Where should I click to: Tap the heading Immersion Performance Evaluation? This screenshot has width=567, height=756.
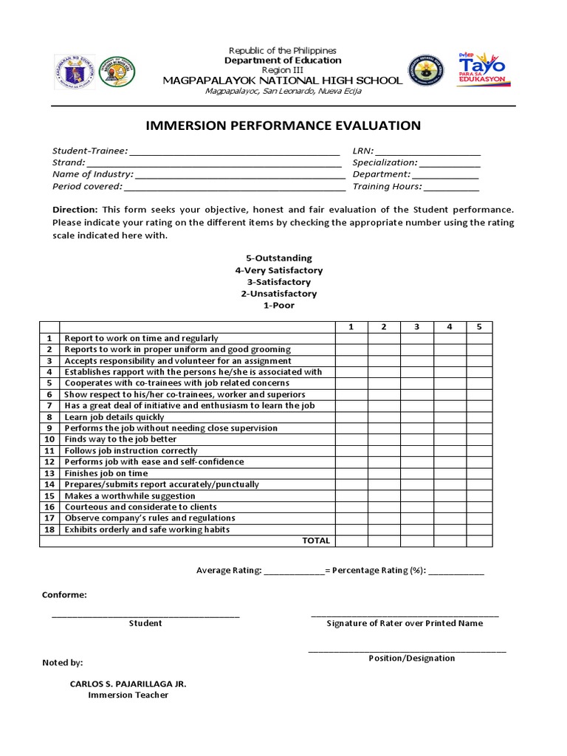[283, 126]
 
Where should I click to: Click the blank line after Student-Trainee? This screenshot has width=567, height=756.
[234, 153]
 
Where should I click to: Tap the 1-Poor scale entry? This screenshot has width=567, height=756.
[278, 305]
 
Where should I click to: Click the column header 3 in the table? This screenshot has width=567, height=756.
[416, 326]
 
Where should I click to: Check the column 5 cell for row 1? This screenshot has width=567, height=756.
[478, 338]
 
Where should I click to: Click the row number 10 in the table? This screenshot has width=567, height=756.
[49, 439]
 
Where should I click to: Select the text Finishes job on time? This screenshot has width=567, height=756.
[106, 473]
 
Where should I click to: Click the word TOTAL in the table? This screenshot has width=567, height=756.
[316, 540]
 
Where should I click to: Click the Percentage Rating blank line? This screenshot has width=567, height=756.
[456, 572]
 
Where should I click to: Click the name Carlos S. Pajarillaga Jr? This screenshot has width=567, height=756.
[128, 684]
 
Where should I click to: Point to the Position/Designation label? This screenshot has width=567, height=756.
[412, 659]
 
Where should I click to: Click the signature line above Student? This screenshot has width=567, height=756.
[145, 615]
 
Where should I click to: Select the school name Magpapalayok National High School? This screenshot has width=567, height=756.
[283, 80]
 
